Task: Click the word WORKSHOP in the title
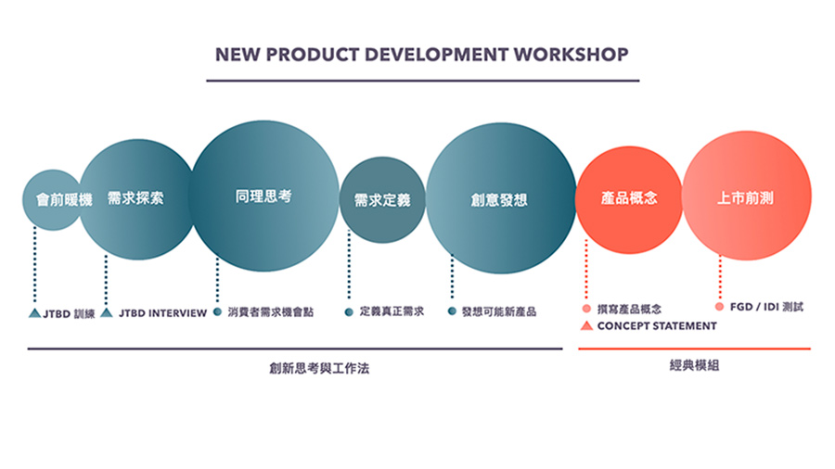coord(571,55)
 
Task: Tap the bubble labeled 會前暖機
coord(52,200)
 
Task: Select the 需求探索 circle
coord(137,199)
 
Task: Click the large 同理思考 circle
coord(264,196)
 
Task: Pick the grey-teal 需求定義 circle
coord(382,200)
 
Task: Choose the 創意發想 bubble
coord(501,198)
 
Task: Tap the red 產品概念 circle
coord(629,199)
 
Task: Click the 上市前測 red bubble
coord(747,196)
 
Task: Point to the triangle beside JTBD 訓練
coord(34,313)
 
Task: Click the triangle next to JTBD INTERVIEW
coord(107,312)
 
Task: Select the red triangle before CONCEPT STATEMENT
coord(586,325)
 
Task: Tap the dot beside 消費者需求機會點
coord(217,311)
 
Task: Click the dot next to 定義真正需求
coord(349,311)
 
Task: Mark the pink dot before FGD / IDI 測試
coord(719,307)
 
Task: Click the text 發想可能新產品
coord(499,311)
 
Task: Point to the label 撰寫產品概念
coord(629,309)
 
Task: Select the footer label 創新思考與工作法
coord(319,368)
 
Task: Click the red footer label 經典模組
coord(694,365)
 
